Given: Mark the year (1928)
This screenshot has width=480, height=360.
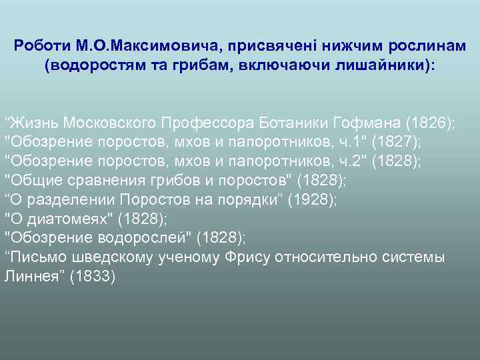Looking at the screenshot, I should point(310,200).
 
